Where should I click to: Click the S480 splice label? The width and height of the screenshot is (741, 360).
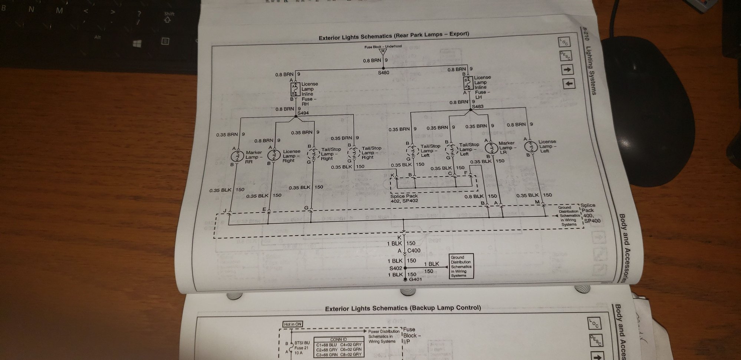pos(383,73)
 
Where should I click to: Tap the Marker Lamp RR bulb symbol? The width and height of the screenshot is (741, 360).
pos(237,156)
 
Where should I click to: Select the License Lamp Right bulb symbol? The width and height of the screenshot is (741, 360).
pos(274,155)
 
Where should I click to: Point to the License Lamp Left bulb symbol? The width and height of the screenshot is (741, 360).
pos(531,146)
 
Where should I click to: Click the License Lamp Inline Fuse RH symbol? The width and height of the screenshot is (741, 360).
pos(295,89)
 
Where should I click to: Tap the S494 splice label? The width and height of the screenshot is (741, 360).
pos(303,113)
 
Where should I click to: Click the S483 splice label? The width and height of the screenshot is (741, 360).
pos(478,106)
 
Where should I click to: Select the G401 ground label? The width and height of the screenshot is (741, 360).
pos(415,279)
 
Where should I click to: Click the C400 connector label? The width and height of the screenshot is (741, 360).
pos(414,250)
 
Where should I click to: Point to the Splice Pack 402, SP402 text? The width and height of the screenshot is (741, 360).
pos(404,198)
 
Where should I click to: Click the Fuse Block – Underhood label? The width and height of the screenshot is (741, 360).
pos(383,47)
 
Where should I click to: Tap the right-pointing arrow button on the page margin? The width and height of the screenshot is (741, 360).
pos(567,70)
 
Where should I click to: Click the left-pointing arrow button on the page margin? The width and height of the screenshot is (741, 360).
pos(569,84)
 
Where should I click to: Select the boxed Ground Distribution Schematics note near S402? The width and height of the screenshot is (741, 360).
pos(461,266)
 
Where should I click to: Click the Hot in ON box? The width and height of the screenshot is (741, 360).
pos(293,324)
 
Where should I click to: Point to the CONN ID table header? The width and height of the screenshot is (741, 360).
pos(338,339)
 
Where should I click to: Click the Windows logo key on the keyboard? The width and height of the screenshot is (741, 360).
pos(137,44)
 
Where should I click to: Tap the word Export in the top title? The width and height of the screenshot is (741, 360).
pos(459,34)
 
